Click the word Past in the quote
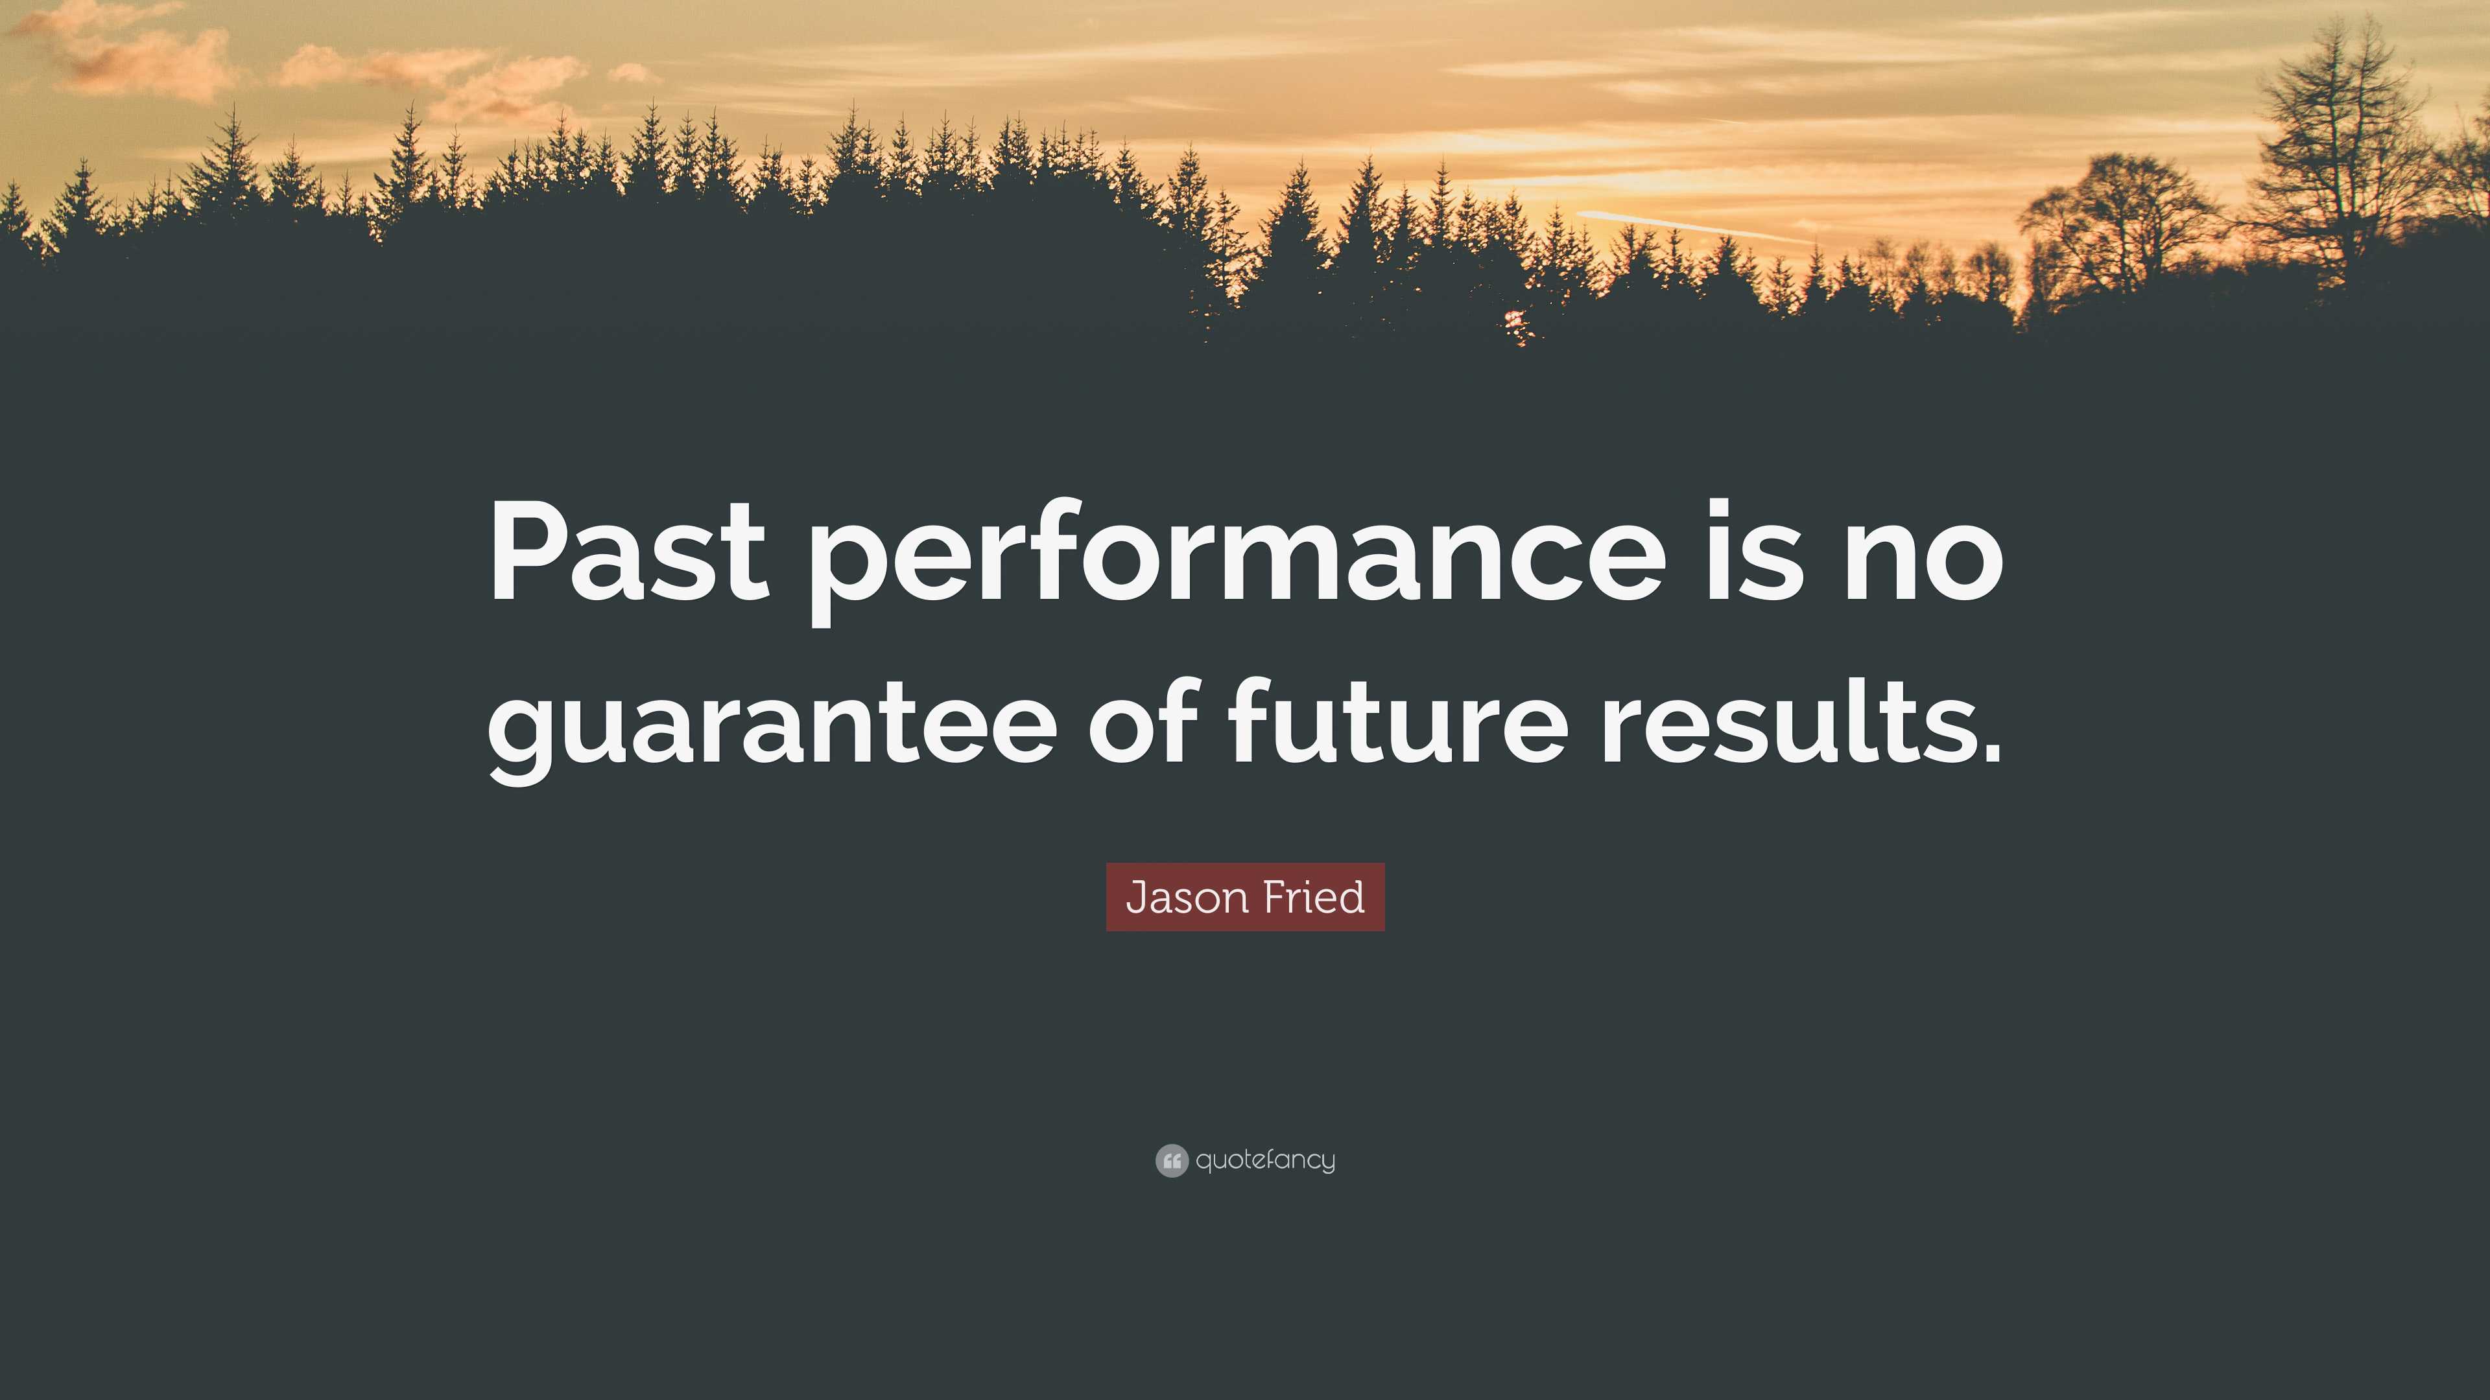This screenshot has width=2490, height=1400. coord(629,551)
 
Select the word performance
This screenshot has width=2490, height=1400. coord(1239,561)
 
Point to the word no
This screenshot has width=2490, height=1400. coord(1923,561)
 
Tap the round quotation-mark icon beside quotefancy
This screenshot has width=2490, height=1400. coord(1172,1160)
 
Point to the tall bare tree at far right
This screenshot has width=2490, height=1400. coord(2339,155)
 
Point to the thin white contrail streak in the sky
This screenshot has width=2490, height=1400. coord(1692,226)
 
